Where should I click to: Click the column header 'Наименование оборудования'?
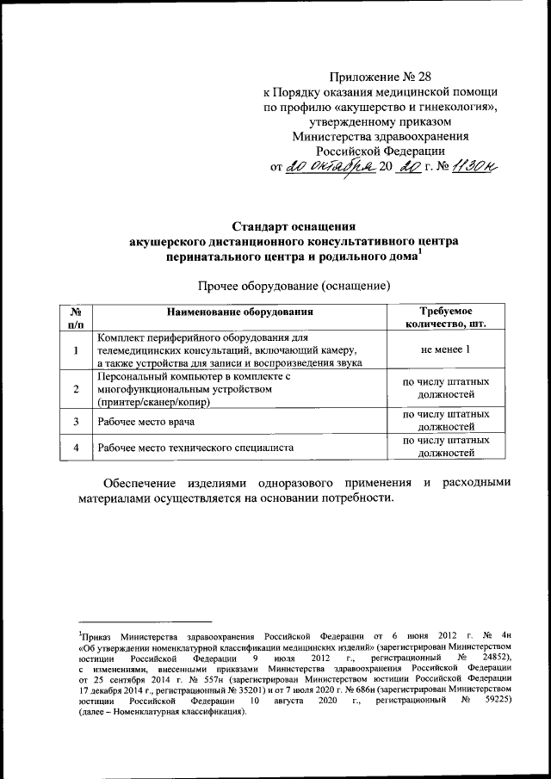(239, 311)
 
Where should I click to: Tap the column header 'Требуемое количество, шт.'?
(444, 318)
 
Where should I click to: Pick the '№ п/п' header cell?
(76, 318)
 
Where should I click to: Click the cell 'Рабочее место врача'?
(145, 422)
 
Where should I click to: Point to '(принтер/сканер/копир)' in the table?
(154, 403)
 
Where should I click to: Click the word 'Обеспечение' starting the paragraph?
(143, 483)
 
